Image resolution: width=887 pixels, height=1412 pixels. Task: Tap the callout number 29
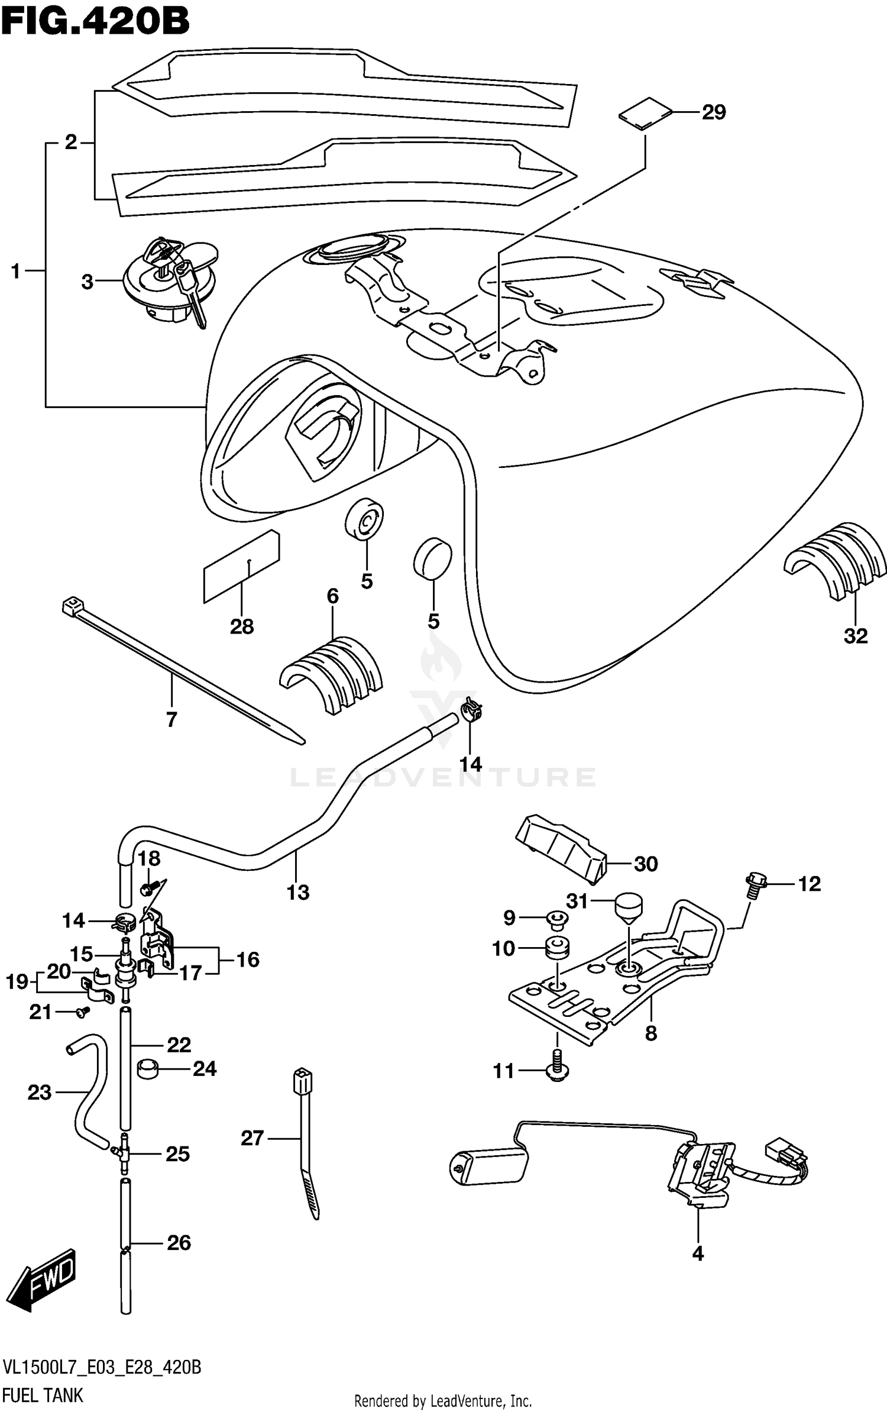(713, 112)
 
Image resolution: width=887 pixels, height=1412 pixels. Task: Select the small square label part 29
(645, 112)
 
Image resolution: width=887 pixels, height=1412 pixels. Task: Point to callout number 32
(855, 636)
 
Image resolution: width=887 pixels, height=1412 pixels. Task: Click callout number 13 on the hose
(298, 892)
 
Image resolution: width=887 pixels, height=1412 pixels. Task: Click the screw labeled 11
(556, 1071)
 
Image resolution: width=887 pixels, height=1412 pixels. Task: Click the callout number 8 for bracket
(650, 1033)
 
